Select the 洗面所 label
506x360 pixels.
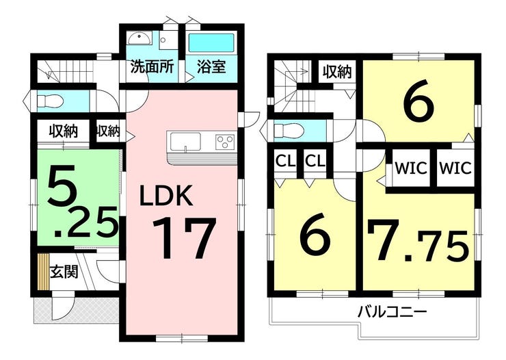(151, 68)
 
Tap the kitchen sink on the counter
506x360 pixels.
(186, 142)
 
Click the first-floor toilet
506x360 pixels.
(51, 101)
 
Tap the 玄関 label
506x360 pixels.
(64, 272)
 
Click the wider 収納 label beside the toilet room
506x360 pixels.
(62, 130)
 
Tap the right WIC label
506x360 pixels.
(455, 168)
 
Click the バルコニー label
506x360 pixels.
(392, 312)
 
